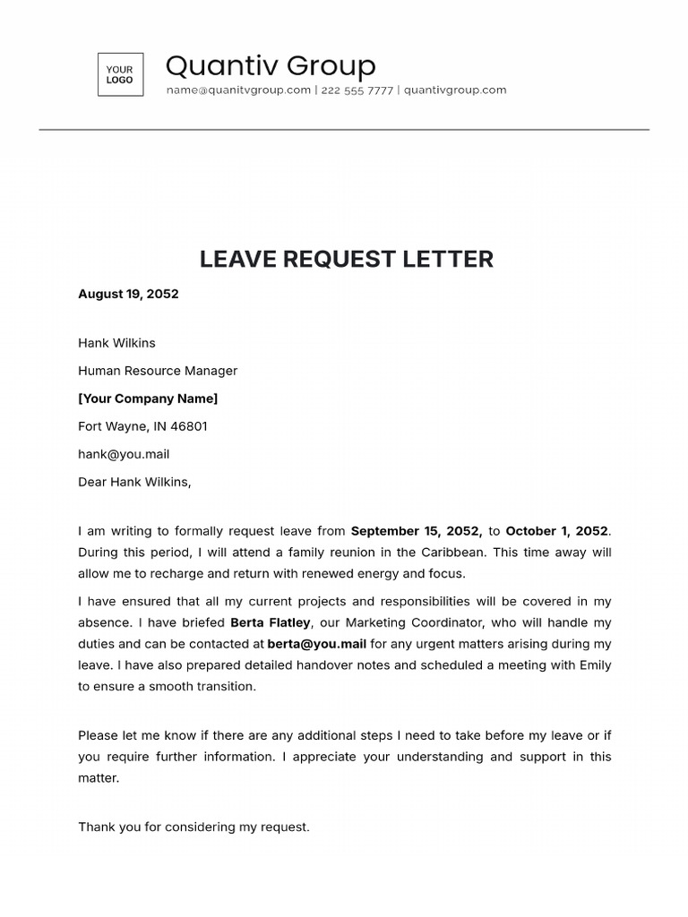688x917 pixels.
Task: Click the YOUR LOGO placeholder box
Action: [120, 74]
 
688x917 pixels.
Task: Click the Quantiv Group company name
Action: [271, 65]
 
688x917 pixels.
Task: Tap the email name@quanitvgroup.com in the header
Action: [238, 90]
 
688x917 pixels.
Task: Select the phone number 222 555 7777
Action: [357, 90]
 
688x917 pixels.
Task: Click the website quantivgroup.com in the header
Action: [455, 90]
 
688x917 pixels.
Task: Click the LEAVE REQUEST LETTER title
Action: [346, 259]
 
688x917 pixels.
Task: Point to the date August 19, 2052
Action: [128, 294]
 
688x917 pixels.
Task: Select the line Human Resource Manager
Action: [158, 371]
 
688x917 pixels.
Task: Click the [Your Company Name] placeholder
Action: [148, 399]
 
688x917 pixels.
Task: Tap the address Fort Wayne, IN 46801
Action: [142, 426]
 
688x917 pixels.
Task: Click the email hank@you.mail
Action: [124, 454]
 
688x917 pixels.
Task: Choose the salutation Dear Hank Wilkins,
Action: [134, 482]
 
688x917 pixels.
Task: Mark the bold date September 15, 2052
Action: [417, 531]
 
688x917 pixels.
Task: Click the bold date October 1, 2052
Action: [556, 531]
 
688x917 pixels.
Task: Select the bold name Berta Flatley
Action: [271, 622]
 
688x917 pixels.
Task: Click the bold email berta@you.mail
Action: [316, 644]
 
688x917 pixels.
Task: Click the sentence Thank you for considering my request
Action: [193, 827]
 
